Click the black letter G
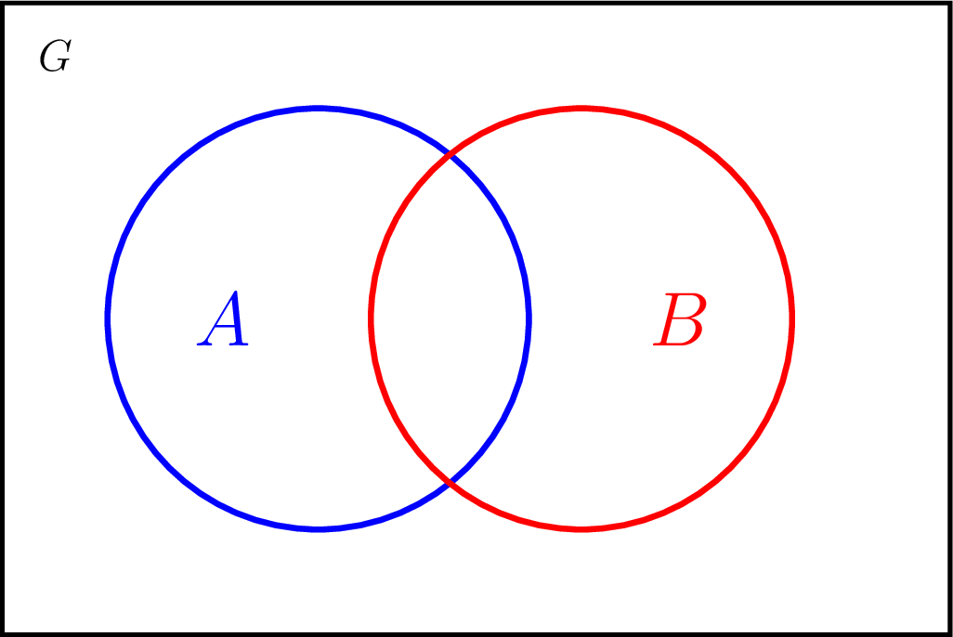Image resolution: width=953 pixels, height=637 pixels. coord(56,56)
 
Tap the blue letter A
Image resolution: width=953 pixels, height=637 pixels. coord(222,318)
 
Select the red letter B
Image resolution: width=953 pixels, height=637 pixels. coord(680,319)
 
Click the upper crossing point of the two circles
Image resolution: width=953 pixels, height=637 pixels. coord(450,156)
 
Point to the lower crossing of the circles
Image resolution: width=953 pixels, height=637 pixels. coord(450,483)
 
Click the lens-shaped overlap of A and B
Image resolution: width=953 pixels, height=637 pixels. coord(450,319)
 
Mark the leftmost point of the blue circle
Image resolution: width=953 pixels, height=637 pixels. coord(108,319)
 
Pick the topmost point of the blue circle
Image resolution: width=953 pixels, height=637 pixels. coord(319,109)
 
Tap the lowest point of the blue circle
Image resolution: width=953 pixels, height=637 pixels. coord(319,530)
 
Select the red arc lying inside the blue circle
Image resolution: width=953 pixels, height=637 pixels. coord(372,319)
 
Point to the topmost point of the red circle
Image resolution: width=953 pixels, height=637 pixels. coord(581,109)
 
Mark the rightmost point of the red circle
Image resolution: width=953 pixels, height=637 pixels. coord(792,319)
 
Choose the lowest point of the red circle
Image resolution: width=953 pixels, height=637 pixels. coord(581,530)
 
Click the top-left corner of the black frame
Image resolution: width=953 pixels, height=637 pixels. coord(3,3)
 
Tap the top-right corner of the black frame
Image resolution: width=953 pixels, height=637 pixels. coord(950,3)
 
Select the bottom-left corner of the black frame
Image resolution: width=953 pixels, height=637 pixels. coord(3,634)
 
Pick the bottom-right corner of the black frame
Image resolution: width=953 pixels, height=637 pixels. coord(950,634)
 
